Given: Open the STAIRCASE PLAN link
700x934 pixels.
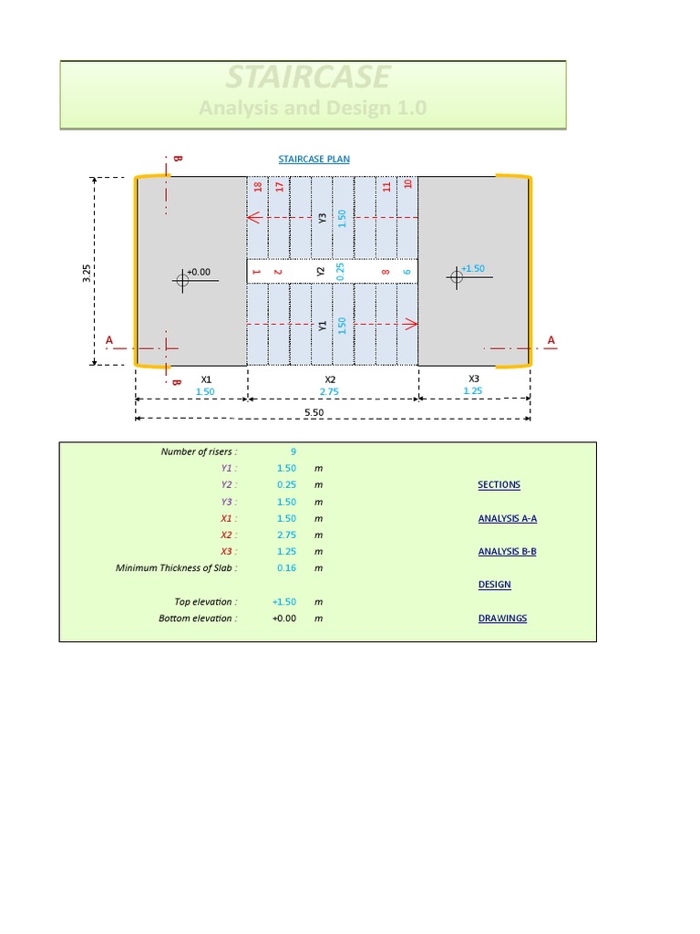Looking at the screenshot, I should pos(314,159).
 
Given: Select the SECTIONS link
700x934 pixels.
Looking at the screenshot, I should pos(499,485).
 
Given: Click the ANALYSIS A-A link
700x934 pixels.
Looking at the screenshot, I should pos(507,518).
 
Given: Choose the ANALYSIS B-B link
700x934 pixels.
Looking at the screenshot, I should pos(507,552).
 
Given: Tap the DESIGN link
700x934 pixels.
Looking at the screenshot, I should pos(494,585).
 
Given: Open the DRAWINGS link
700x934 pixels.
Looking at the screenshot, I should pos(502,618).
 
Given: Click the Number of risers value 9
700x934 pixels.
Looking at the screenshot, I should pos(293,451).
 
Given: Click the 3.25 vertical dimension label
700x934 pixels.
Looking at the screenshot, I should pos(86,271).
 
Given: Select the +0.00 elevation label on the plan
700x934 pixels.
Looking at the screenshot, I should pos(199,272).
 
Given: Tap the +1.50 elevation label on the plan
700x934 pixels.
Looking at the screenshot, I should pos(473,269).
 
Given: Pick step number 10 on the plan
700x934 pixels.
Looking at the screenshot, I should pos(407,184).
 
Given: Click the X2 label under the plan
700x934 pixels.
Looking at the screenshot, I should pos(330,379).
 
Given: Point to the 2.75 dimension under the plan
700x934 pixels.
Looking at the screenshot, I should pos(330,391).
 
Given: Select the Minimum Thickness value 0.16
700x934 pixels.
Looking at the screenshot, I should pos(287,568).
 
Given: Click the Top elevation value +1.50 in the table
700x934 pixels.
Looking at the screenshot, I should pos(285,602).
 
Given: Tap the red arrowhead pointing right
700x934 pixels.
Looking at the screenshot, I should pos(411,324).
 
